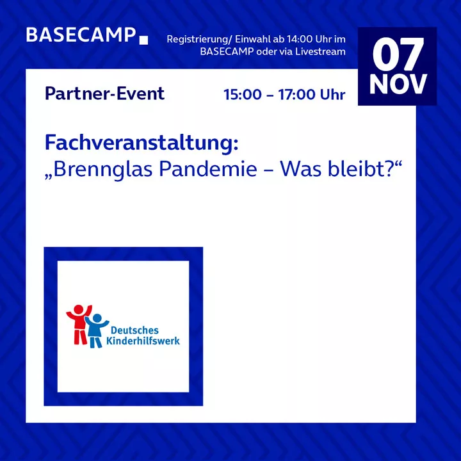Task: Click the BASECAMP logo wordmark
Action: tap(81, 35)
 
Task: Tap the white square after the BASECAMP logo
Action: tap(143, 40)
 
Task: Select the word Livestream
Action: tap(321, 51)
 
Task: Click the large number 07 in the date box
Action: tap(398, 54)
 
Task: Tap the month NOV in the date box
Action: tap(398, 84)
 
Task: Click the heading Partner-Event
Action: tap(104, 93)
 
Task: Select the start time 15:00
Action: tap(243, 95)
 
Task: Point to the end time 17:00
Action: tap(296, 95)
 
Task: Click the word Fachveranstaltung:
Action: tap(142, 143)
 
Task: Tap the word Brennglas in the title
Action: tap(102, 170)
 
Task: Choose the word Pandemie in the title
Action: tap(208, 169)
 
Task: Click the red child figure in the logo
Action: tap(79, 324)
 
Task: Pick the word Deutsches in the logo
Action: tap(134, 330)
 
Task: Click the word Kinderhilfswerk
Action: tap(143, 341)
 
